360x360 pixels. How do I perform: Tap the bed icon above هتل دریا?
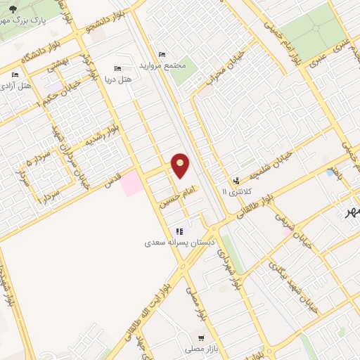117,68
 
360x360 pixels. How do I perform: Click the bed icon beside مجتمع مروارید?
162,55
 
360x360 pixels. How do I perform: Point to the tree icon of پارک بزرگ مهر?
13,9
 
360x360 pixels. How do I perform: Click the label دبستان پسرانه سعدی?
168,243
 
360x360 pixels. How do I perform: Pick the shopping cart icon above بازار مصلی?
201,338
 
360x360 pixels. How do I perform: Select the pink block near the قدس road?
131,184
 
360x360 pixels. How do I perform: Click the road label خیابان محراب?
226,67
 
